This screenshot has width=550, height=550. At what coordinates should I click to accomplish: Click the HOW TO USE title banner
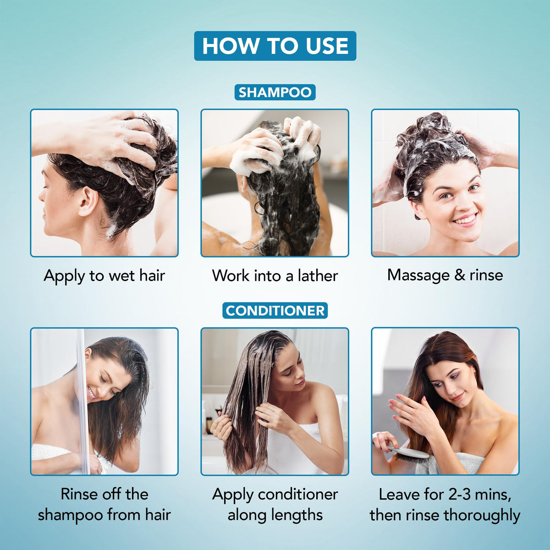point(275,46)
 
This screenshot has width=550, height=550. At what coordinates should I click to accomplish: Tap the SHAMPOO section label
point(275,92)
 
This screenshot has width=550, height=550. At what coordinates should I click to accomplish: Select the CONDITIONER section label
point(275,310)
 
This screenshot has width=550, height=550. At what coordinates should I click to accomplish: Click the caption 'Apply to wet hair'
point(104,276)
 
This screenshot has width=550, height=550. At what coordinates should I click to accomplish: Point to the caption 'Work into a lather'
point(275,276)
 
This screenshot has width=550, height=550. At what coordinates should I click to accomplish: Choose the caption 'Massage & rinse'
point(445,275)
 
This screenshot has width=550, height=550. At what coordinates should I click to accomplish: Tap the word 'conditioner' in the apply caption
point(298,494)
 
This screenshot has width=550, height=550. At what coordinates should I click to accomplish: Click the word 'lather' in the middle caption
point(318,276)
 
